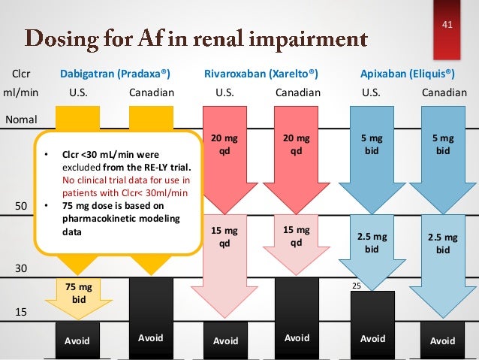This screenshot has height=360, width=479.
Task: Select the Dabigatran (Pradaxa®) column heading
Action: point(115,74)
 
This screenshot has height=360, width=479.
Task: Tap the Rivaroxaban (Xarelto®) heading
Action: point(261,74)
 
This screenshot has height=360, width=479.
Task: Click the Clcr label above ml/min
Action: point(20,74)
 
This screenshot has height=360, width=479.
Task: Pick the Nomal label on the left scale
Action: point(22,119)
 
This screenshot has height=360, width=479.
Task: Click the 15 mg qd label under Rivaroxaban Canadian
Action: point(297,235)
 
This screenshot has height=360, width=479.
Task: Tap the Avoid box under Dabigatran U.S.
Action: point(77,340)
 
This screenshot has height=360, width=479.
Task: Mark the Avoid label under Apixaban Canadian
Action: point(442,340)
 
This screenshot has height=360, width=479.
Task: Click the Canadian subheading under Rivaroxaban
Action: point(297,93)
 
